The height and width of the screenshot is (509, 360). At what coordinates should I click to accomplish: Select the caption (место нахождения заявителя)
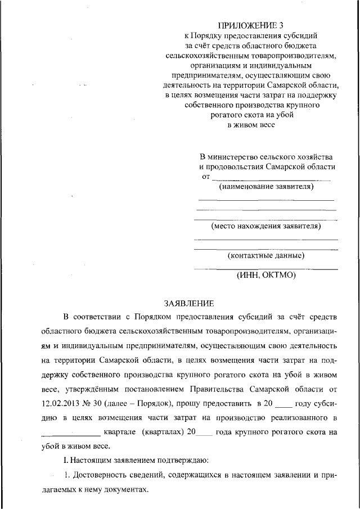tap(266, 227)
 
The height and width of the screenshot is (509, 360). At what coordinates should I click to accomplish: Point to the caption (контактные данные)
tap(266, 256)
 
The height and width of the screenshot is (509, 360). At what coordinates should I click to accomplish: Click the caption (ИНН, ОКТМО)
tap(266, 276)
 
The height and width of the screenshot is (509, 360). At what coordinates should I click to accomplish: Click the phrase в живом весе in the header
tap(251, 125)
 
